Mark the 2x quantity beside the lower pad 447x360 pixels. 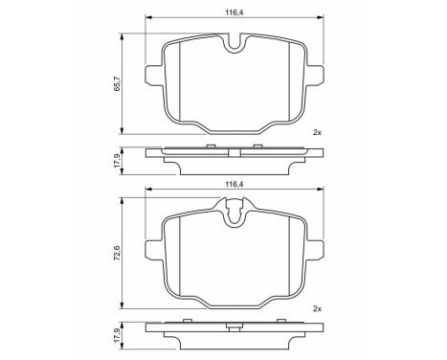coord(317,308)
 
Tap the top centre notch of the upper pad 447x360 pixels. coord(235,44)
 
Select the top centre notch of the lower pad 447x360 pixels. coord(235,213)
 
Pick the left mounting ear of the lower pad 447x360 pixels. coord(151,252)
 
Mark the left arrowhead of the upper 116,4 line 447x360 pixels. coord(147,18)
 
